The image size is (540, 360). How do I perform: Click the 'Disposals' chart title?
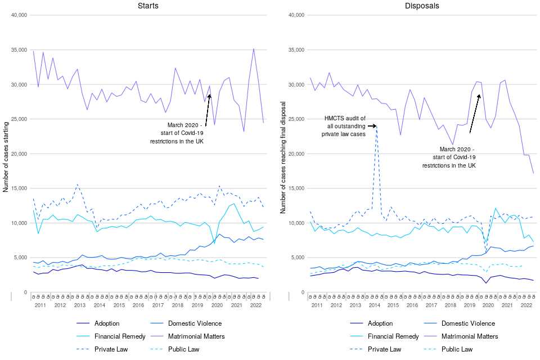coord(422,6)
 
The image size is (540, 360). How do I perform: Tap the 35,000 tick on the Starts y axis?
coord(19,50)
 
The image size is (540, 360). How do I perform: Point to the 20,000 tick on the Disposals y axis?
coord(296,154)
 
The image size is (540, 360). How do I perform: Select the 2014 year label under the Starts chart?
coord(99,305)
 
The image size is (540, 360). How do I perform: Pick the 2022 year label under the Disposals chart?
coord(526,305)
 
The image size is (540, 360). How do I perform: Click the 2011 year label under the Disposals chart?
coord(317,305)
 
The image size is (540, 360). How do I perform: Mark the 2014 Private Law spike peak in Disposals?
coord(376,127)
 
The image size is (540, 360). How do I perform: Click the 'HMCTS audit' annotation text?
coord(345,126)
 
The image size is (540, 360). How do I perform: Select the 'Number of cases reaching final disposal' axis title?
coord(283,157)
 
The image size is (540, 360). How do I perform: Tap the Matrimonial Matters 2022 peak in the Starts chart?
coord(254,49)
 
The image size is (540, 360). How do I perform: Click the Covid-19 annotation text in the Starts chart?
coord(177,133)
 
